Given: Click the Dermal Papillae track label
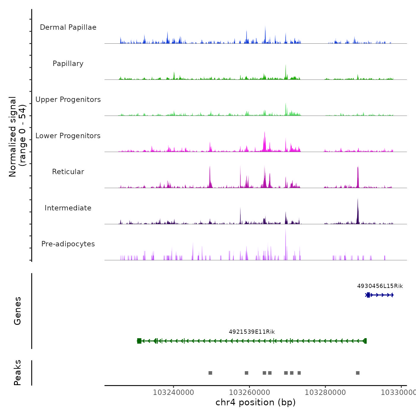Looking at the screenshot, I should point(68,27).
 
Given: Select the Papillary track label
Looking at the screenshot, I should point(68,64).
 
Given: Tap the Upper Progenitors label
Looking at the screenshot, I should point(68,100).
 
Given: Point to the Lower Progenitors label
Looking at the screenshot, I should point(68,136).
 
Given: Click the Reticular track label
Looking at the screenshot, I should point(68,172).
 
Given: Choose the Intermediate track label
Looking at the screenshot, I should point(68,208).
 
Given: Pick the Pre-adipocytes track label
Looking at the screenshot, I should point(68,244).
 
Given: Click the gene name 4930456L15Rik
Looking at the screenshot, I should point(380,286).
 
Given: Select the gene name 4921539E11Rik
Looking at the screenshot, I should point(252,332).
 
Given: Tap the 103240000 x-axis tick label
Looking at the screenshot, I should point(173,393).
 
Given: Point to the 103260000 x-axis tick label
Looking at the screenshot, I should point(250,393).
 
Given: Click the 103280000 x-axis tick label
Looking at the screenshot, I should point(325,393).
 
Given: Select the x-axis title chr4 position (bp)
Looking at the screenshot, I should point(256,402).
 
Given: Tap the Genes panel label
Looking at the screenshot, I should point(17,311).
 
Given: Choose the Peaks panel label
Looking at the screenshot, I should point(17,373).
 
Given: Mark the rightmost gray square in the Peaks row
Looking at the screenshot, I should point(358,373).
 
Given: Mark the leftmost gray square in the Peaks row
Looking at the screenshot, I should point(210,373).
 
